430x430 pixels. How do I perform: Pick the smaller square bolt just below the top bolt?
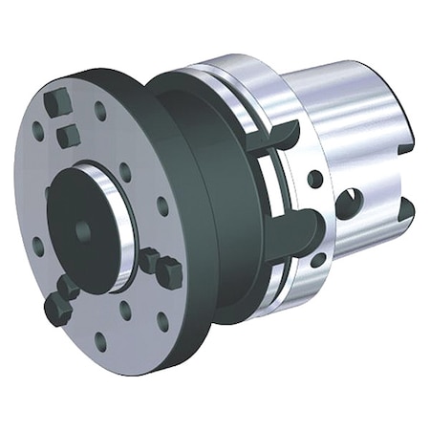coord(68,138)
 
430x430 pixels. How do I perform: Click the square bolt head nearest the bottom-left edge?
coord(56,308)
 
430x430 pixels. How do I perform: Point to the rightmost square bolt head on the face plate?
coord(168,272)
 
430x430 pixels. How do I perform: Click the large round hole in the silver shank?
coord(350,202)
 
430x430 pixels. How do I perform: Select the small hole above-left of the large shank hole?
coord(314,179)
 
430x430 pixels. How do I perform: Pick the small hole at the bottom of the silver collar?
coord(317,258)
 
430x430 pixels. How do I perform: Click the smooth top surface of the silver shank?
coord(354,96)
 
